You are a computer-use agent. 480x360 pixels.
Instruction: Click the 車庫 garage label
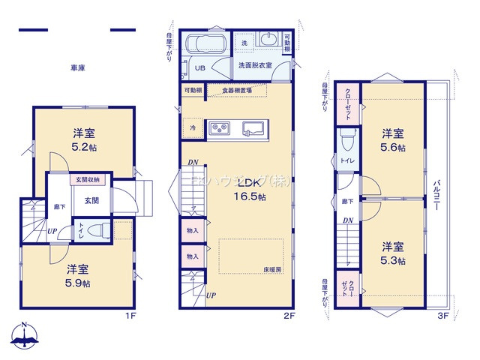[x=78, y=68]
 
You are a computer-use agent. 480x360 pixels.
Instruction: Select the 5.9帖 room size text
[x=78, y=283]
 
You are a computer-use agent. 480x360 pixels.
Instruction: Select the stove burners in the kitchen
[x=220, y=128]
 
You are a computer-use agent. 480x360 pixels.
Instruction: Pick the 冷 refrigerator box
[x=193, y=128]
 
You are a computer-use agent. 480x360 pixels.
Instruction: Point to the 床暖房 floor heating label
[x=272, y=269]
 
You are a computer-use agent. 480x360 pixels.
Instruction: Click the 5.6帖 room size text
[x=392, y=148]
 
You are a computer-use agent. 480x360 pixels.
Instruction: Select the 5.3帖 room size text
[x=392, y=261]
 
